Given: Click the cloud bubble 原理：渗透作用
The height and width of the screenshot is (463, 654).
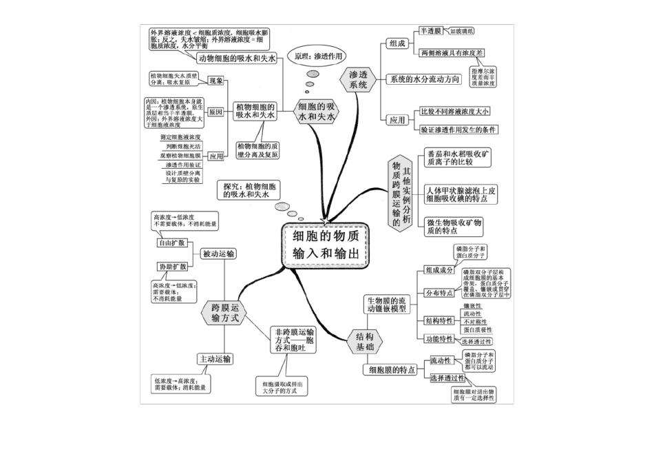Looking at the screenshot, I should pos(317,56).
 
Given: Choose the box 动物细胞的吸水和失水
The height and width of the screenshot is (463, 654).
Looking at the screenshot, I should pos(236,59).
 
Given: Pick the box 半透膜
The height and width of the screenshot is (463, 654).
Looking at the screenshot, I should pos(431,31).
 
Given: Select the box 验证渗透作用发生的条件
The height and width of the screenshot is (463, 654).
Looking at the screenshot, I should pos(459,129).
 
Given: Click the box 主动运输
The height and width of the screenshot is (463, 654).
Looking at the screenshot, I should pos(215,360).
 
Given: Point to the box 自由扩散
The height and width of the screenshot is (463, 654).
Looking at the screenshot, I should pos(171,243).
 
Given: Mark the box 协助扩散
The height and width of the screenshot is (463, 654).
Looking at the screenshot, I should pos(171,267).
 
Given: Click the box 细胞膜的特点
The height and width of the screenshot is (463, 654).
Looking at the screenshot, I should pos(392,370).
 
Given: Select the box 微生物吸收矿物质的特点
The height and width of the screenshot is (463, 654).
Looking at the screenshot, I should pos(454,227).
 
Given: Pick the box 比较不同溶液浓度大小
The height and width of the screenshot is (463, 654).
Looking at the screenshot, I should pos(455,111).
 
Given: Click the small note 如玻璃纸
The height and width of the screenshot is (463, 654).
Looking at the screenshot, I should pos(461,31).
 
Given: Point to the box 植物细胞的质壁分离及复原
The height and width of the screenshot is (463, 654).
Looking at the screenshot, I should pos(258,150).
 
